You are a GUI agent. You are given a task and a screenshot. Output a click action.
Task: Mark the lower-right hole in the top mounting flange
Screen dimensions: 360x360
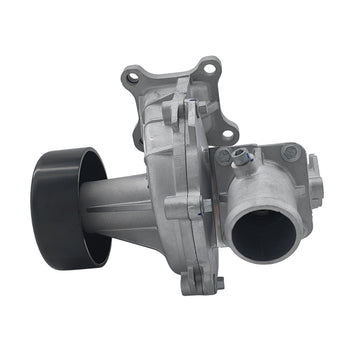pyautogui.click(x=227, y=128)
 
